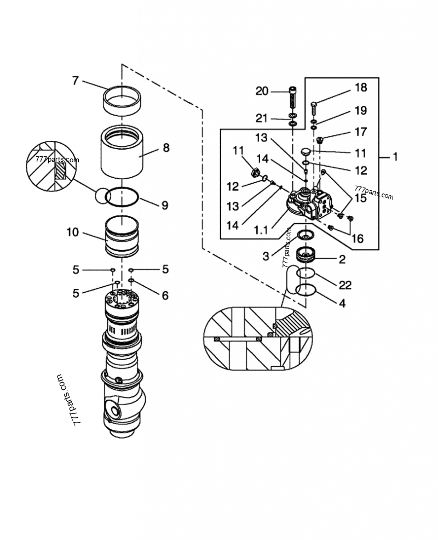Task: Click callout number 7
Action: click(76, 81)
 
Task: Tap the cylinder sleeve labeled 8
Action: click(122, 151)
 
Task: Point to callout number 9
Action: click(165, 205)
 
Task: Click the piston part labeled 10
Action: click(122, 236)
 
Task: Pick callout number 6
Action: click(165, 295)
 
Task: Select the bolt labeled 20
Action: click(293, 98)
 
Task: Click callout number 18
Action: click(361, 88)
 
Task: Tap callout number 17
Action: click(361, 132)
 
